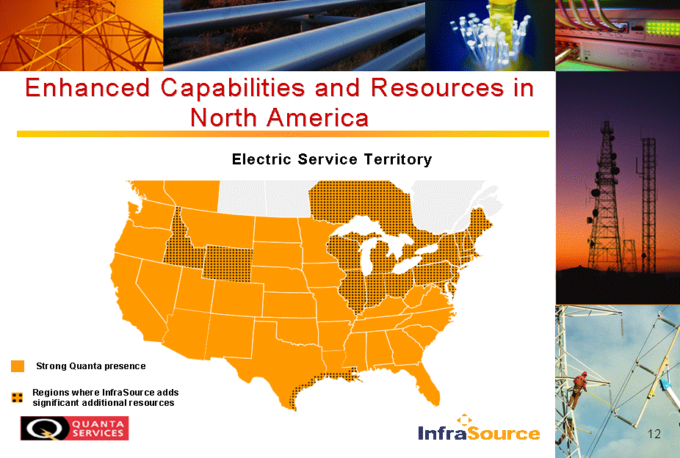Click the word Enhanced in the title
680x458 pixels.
tap(87, 87)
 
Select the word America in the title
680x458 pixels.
tap(317, 117)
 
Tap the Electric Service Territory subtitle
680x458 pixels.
tap(332, 159)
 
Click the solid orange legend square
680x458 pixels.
tap(18, 366)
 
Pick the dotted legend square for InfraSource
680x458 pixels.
tap(18, 398)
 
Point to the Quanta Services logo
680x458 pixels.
tap(75, 428)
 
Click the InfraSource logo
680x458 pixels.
tap(479, 428)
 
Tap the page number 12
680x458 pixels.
tap(654, 434)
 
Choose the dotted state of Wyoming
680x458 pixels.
tap(228, 263)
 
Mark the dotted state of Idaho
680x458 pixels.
tap(180, 243)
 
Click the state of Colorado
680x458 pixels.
tap(237, 299)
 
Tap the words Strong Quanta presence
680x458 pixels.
tap(90, 366)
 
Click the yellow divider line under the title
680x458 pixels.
tap(283, 134)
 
